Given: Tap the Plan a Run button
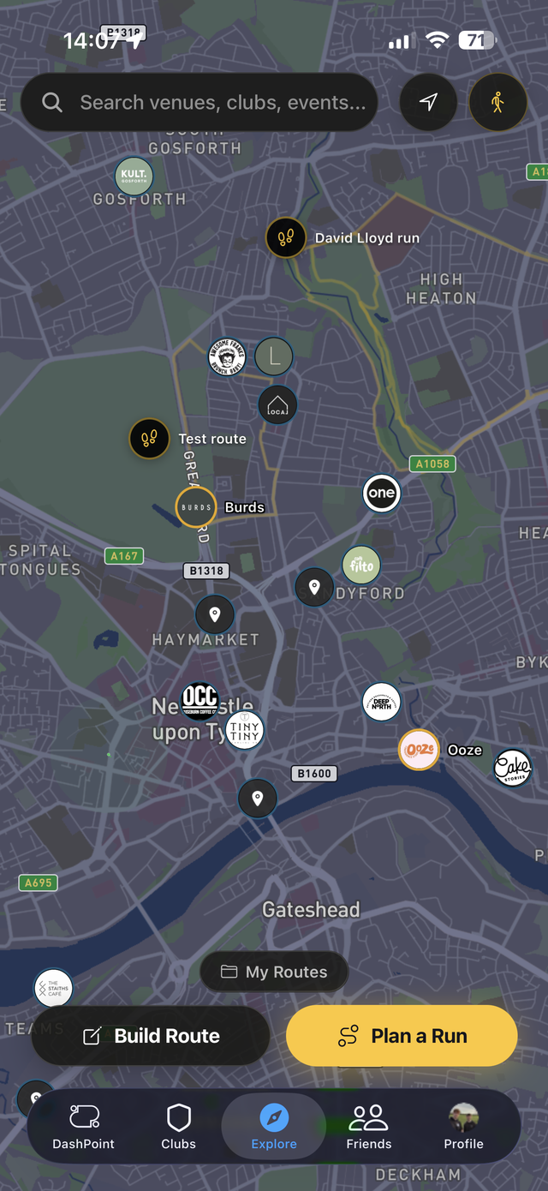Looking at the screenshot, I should (x=402, y=1036).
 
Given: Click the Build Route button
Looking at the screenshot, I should (x=151, y=1036).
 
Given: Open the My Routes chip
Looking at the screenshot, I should (x=274, y=972).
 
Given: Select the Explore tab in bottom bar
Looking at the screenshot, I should (x=274, y=1127).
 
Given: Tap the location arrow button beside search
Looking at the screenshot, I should (x=428, y=103).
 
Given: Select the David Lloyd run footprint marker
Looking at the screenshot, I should (x=286, y=237).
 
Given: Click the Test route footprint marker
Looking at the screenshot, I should (x=149, y=439).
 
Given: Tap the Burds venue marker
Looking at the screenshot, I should (x=196, y=507).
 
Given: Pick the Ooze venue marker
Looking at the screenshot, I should (x=420, y=750).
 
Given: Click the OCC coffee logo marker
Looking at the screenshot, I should (x=200, y=697).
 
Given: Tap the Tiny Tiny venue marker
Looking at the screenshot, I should (x=244, y=730).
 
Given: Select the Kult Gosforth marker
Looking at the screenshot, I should (x=134, y=176).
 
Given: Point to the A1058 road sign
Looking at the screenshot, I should (x=432, y=464).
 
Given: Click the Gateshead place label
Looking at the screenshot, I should (x=311, y=909).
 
